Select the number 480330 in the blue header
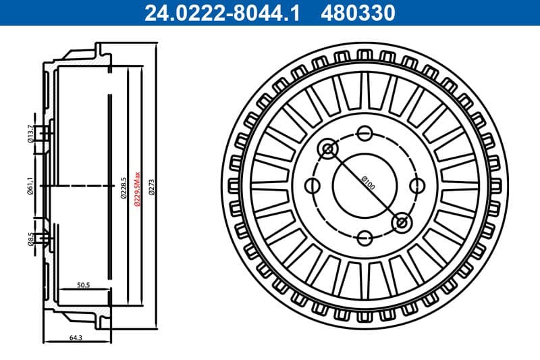[x=358, y=12]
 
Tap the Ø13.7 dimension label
[x=30, y=134]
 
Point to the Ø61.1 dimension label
[x=30, y=184]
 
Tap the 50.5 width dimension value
[x=84, y=285]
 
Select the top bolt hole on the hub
[x=364, y=133]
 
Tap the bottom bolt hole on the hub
[x=364, y=238]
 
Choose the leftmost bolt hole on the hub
[x=313, y=185]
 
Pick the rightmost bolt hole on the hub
[x=416, y=185]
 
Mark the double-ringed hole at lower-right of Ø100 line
[x=401, y=222]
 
